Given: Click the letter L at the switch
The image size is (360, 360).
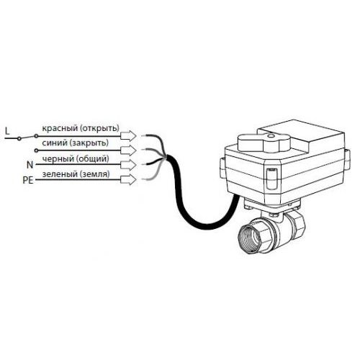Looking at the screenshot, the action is tap(7, 131).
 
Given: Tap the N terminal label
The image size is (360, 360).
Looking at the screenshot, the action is tap(30, 165).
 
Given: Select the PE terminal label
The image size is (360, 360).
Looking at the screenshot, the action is tap(28, 180).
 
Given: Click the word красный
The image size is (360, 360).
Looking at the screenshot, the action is tap(60, 128).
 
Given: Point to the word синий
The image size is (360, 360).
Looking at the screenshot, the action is tap(55, 143).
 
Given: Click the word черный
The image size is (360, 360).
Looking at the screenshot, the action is tap(58, 158).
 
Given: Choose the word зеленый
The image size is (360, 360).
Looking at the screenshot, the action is tap(60, 174).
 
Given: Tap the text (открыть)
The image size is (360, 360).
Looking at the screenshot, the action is tap(100, 128).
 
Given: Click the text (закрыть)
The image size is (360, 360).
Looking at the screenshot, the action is tap(89, 143).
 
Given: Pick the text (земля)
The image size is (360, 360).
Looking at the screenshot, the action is tap(95, 174).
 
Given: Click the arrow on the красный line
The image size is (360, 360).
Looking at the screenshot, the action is tap(128, 136).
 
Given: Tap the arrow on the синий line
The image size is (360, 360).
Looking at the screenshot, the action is tap(128, 150).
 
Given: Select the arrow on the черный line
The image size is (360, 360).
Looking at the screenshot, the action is tap(128, 165).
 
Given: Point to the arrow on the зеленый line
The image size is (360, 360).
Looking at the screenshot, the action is tap(128, 180).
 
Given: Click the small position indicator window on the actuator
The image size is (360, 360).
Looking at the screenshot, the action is tap(271, 179).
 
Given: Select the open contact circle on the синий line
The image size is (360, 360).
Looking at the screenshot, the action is tap(36, 150).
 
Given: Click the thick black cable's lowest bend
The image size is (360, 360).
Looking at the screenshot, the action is tap(207, 227).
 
